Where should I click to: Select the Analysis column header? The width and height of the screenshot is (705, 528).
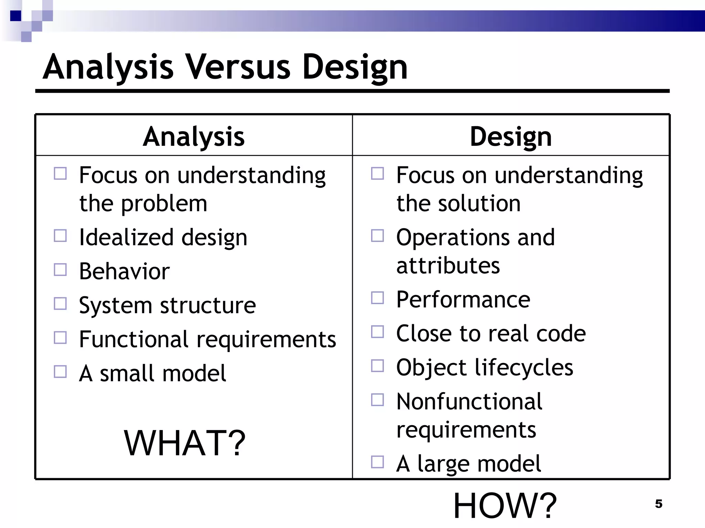point(194,136)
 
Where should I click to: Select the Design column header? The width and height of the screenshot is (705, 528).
point(511,136)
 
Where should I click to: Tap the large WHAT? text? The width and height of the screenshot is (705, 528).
point(185,443)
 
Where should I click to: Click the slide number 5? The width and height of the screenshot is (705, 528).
point(659,504)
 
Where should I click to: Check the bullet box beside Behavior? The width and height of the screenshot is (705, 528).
point(60,270)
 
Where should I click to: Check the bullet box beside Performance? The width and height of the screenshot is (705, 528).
point(377,298)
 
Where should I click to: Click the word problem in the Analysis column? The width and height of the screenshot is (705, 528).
point(164,203)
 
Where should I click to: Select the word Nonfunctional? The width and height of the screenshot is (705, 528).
point(469,401)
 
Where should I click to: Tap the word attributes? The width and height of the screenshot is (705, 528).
point(448,265)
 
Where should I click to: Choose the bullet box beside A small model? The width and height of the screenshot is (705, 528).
point(60,372)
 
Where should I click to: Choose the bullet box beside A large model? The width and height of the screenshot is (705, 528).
point(377,462)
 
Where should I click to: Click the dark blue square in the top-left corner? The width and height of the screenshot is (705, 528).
point(15,16)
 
